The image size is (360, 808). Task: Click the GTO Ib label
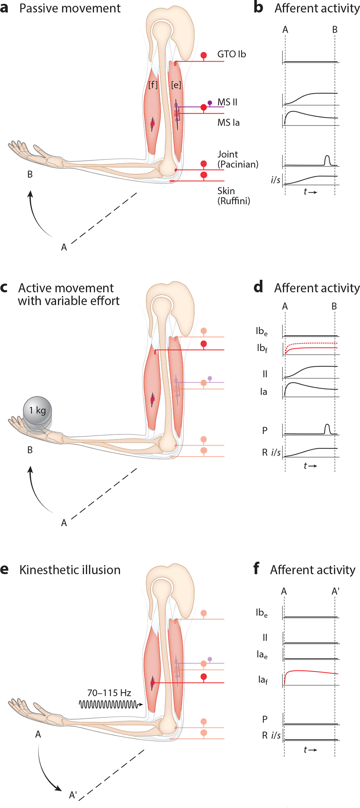[232, 54]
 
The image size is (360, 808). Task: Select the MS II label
[227, 102]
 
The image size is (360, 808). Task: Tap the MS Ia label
[228, 123]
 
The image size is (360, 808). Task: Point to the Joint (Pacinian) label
[238, 159]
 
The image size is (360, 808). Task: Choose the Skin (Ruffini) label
[233, 196]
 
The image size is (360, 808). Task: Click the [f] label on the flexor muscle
[153, 85]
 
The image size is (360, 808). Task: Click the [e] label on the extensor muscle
[176, 85]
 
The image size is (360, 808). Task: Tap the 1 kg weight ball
[37, 411]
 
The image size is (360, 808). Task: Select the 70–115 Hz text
[109, 693]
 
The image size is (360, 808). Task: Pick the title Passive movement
[70, 8]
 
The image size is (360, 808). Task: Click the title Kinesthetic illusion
[70, 570]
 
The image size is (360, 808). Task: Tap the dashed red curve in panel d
[312, 343]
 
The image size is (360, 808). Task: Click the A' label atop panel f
[335, 591]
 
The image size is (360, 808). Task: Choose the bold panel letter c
[4, 287]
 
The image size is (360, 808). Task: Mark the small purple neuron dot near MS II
[210, 103]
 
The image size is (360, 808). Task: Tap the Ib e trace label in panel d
[262, 331]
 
